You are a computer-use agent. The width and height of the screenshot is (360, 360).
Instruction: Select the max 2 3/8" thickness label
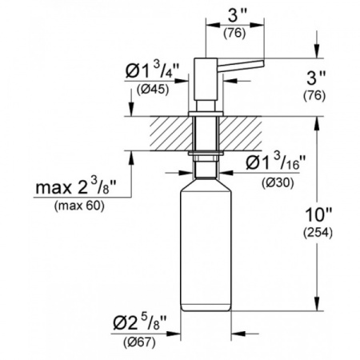tap(79, 190)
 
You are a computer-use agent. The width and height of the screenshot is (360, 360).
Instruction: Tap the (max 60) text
tap(79, 206)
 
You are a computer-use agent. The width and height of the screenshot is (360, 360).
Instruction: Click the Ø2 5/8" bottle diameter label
tap(142, 326)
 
